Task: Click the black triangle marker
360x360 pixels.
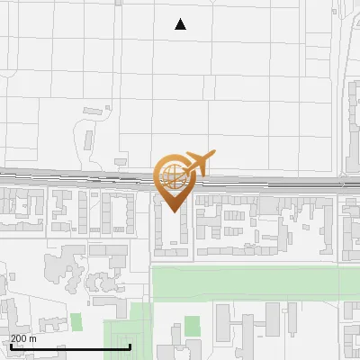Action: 181,25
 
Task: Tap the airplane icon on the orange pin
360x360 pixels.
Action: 196,162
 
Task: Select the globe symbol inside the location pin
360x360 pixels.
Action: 171,175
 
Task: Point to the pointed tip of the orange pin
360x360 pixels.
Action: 172,210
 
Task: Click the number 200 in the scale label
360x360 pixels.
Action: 19,338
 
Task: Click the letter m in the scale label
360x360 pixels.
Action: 33,338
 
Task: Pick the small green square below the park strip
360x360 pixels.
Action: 192,324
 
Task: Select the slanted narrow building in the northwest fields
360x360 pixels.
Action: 88,140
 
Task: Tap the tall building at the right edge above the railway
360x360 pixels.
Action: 352,126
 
